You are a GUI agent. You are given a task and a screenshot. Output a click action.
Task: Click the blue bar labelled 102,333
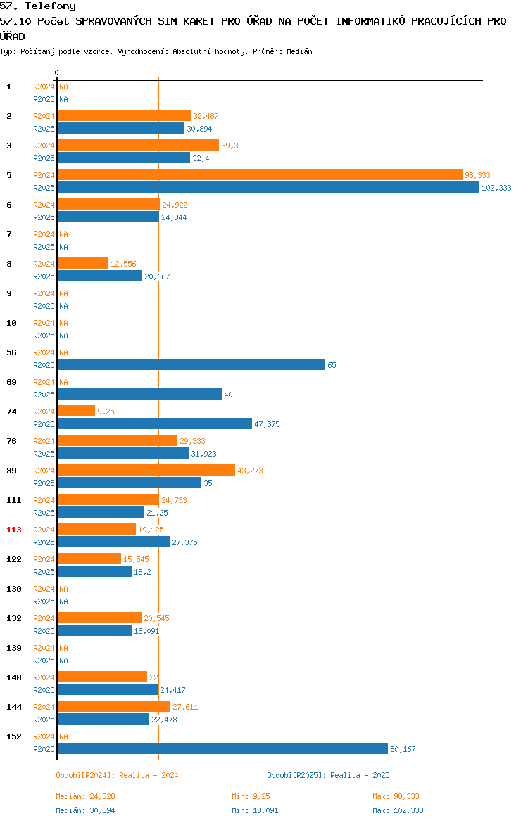coord(268,187)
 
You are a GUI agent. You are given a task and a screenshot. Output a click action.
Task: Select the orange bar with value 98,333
coord(260,174)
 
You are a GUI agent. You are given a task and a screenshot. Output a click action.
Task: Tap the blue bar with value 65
coord(191,365)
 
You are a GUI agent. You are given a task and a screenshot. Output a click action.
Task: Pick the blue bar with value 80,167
coord(222,749)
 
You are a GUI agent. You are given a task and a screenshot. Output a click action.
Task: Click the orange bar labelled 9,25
coord(76,411)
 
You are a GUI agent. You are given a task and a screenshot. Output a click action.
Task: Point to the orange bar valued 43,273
coord(146,471)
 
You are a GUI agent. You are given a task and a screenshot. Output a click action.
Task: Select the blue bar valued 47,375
coord(155,423)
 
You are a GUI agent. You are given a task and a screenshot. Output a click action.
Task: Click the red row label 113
coord(14,530)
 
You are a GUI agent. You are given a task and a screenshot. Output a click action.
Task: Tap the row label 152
coord(14,736)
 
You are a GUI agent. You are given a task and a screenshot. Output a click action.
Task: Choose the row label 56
coord(11,352)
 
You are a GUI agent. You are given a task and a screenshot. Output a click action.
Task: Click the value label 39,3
coord(230,146)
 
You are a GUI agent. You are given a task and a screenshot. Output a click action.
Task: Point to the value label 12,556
coord(123,264)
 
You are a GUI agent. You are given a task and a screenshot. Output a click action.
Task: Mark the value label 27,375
coord(185,542)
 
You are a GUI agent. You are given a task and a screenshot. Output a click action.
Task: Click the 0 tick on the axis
coord(57,73)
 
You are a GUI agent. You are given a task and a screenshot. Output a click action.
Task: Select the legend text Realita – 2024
coord(149,775)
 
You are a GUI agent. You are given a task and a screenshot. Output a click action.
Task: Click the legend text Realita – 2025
coord(360,775)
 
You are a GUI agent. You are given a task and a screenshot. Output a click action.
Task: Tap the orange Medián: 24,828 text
coord(86,796)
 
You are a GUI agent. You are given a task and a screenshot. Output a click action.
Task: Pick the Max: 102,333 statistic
coord(398,810)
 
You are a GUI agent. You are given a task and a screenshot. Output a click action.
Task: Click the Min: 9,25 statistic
coord(251,796)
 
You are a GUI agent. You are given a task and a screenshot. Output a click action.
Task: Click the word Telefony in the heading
coord(51,6)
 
